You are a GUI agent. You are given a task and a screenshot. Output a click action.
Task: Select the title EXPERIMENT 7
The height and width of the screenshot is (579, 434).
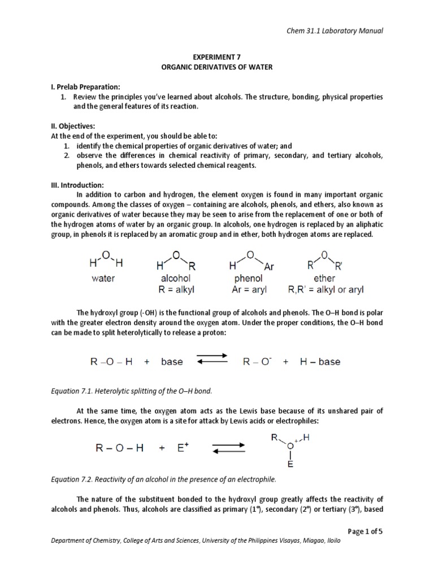coord(216,57)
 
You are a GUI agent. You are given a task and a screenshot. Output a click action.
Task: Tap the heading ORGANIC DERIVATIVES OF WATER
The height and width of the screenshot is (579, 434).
coord(216,67)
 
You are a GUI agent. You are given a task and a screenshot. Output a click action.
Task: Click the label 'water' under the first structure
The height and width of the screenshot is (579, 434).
coord(103,278)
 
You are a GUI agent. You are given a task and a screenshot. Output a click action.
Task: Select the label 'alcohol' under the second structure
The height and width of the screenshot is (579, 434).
coord(176,278)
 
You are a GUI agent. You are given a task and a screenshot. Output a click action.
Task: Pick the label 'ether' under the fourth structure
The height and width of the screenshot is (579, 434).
coord(324,278)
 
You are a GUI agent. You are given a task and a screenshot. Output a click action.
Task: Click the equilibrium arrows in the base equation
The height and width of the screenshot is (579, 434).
coord(211,361)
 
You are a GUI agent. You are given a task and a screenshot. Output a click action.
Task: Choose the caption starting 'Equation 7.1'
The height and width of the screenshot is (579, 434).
coord(134,391)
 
